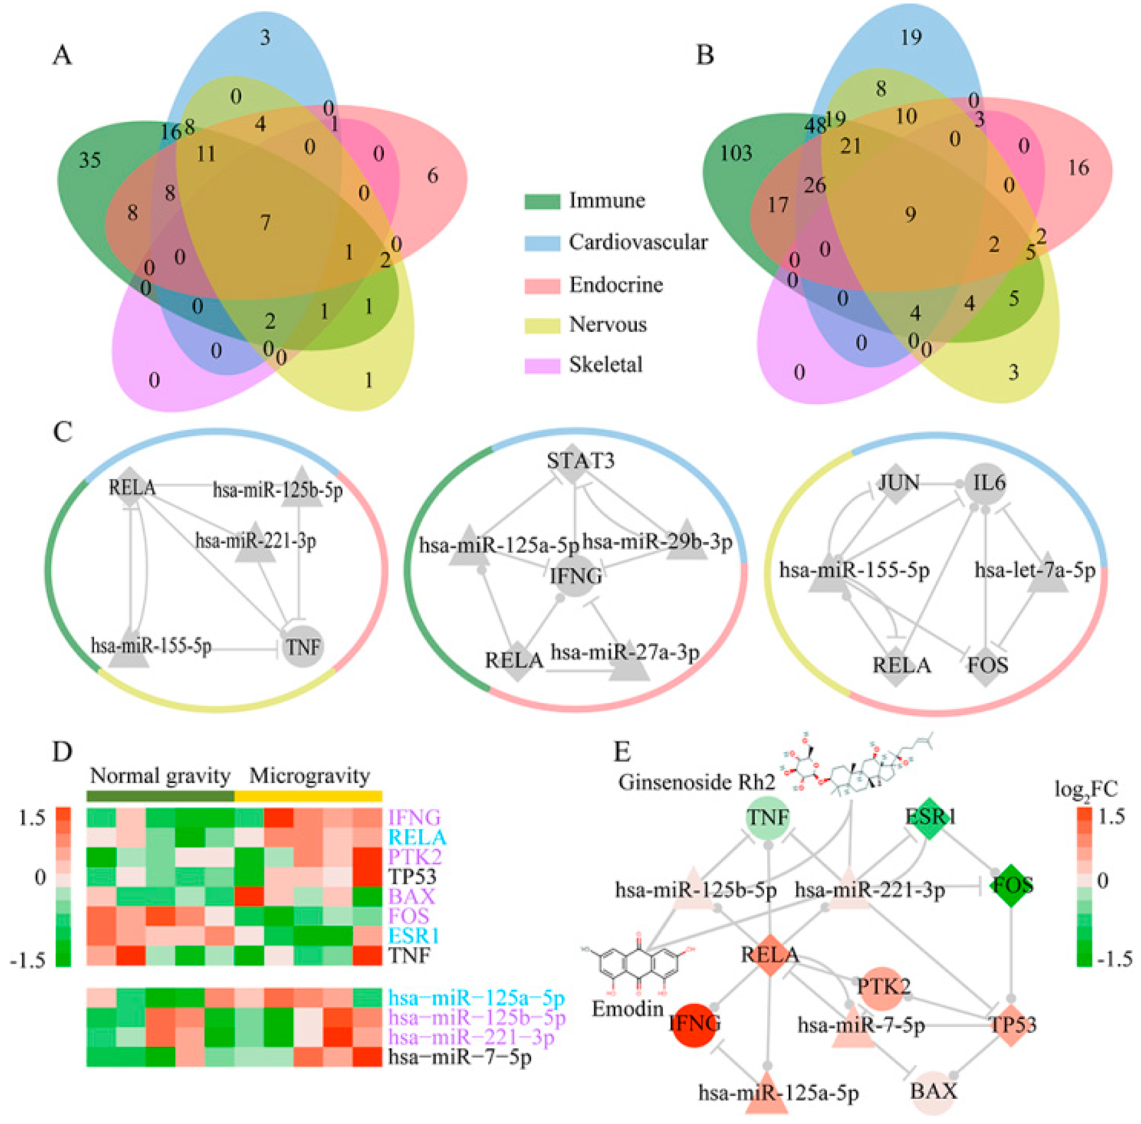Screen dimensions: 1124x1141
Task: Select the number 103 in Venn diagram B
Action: [x=735, y=154]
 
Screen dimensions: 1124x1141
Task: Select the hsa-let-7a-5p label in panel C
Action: [x=1034, y=570]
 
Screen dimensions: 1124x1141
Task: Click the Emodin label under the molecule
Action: [x=628, y=1009]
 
